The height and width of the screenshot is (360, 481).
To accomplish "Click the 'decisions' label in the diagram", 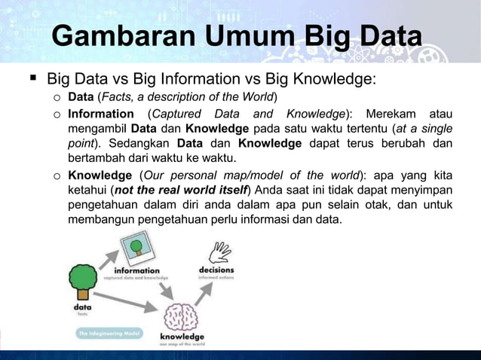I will [216, 270].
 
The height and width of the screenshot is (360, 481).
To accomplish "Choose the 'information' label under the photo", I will [136, 270].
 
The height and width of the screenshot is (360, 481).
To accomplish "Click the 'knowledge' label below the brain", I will [182, 337].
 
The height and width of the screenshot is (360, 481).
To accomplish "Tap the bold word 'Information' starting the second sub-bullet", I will [100, 114].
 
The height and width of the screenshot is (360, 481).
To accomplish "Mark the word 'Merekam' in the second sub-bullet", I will [390, 114].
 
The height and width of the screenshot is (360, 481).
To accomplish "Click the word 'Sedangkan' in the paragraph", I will [141, 143].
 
